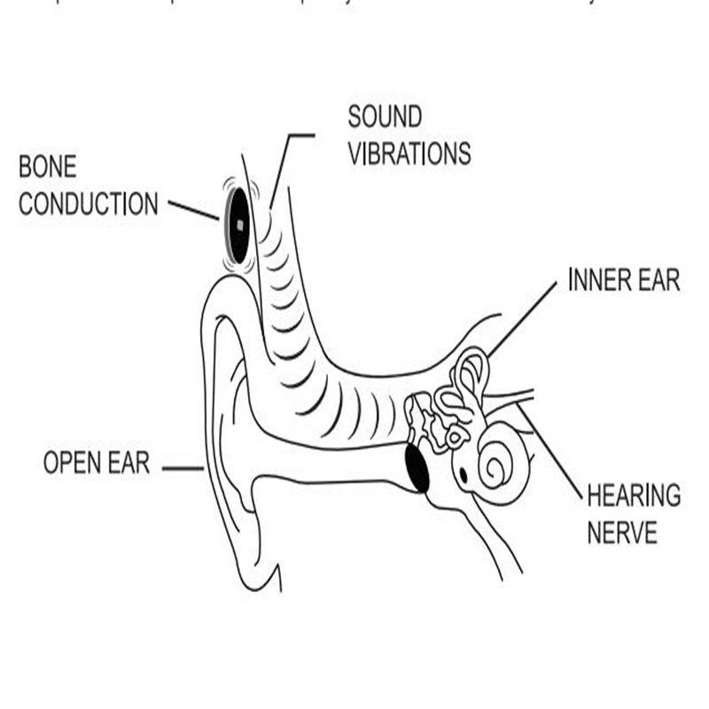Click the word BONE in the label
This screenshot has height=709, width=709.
(x=50, y=167)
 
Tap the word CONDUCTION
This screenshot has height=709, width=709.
(x=89, y=205)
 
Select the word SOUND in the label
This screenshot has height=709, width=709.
(x=384, y=116)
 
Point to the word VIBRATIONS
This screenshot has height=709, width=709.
(x=409, y=153)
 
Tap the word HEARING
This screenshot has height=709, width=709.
(x=633, y=495)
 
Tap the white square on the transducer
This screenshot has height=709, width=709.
(x=238, y=224)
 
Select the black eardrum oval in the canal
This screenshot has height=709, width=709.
(x=416, y=468)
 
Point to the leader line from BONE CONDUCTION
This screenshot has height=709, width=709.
(x=193, y=210)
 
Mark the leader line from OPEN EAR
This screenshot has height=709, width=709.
(x=183, y=467)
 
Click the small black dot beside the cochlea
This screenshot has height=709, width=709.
(x=463, y=475)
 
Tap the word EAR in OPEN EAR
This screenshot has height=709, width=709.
(x=132, y=463)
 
